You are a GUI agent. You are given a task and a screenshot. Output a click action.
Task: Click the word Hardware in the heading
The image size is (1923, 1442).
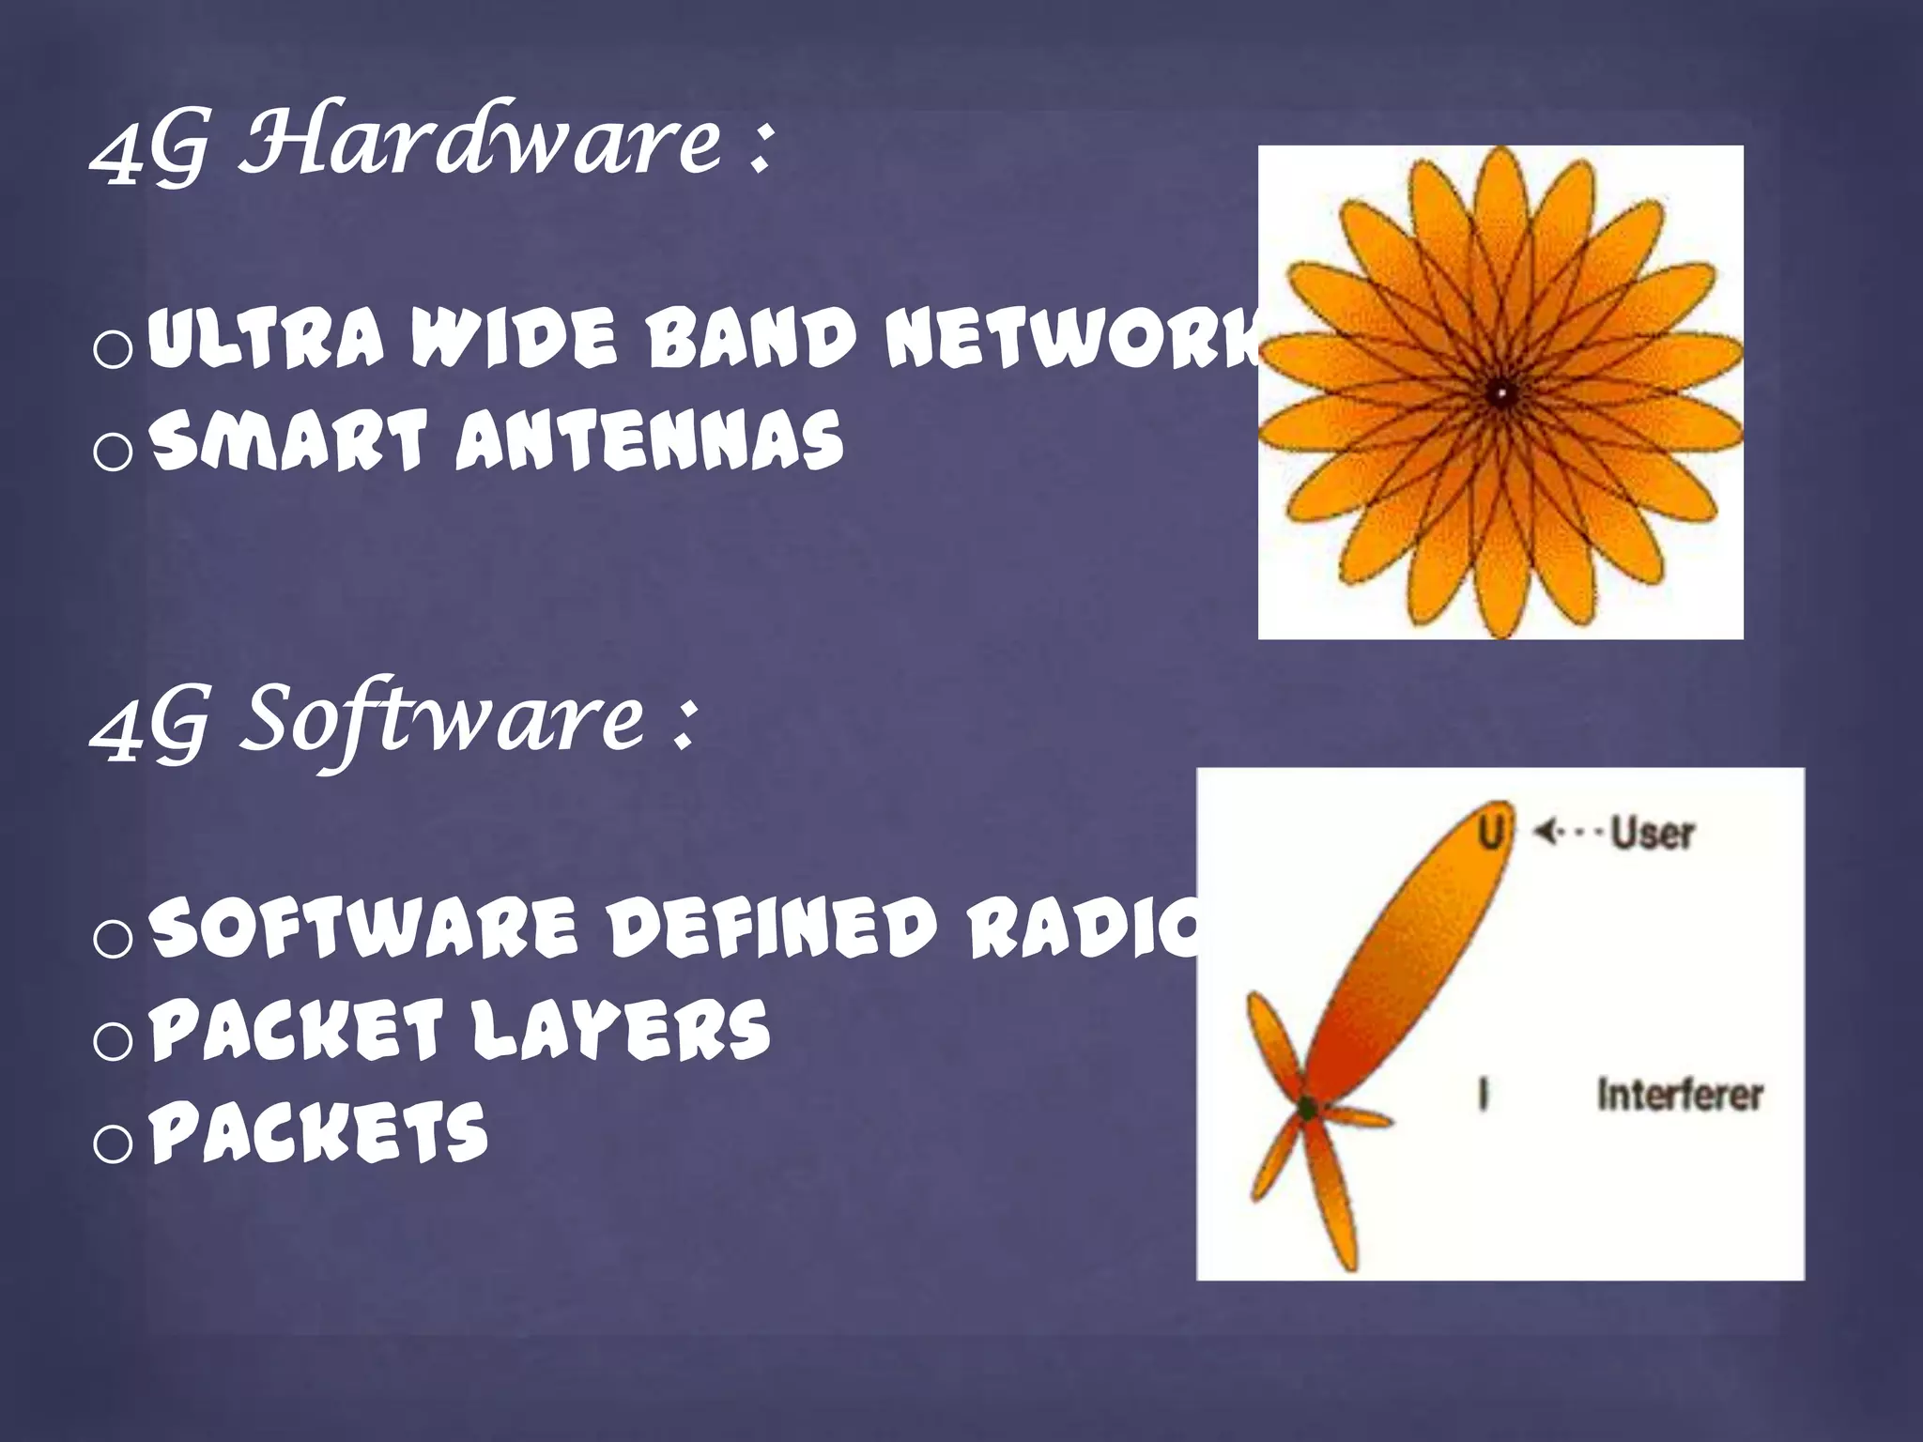[x=479, y=141]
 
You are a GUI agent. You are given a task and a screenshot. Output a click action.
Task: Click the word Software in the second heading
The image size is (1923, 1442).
[x=441, y=718]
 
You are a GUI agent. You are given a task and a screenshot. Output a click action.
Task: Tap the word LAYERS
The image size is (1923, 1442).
[x=620, y=1029]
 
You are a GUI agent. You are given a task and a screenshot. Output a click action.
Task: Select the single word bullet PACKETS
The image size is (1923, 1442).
[x=319, y=1131]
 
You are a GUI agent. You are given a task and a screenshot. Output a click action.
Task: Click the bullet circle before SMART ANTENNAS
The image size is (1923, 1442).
[x=114, y=452]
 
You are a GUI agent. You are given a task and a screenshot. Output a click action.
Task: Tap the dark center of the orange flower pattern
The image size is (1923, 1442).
[x=1500, y=392]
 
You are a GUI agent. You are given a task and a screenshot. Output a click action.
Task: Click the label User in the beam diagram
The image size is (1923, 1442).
[x=1652, y=833]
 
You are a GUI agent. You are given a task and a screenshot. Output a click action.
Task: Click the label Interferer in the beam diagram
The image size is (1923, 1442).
[x=1680, y=1095]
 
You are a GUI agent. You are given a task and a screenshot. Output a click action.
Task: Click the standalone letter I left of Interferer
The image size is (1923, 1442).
[x=1483, y=1095]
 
